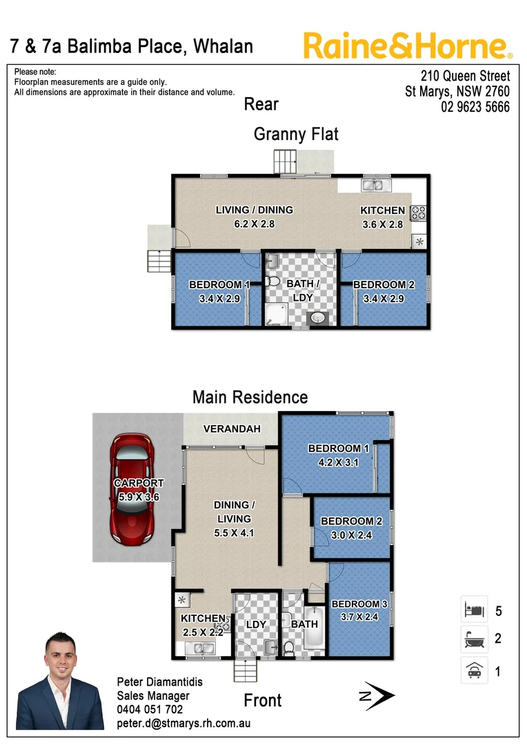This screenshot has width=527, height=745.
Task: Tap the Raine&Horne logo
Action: [408, 46]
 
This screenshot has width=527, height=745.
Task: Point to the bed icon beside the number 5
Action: [474, 610]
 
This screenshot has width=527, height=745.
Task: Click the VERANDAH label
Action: [232, 429]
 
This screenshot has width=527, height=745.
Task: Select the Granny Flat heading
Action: [296, 134]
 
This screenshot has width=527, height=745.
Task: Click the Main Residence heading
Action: [250, 397]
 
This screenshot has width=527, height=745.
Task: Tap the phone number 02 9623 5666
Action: [475, 107]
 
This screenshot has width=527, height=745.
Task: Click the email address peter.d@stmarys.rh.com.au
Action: [183, 723]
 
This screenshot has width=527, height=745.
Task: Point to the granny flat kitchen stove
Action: [419, 212]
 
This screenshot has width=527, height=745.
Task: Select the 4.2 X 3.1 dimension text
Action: [338, 462]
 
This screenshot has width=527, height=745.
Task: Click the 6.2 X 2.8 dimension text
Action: [254, 223]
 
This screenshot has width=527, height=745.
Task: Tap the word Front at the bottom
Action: [263, 701]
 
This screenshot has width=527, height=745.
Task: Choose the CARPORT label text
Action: [139, 483]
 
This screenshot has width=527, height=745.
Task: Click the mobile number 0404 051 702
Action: [150, 709]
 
